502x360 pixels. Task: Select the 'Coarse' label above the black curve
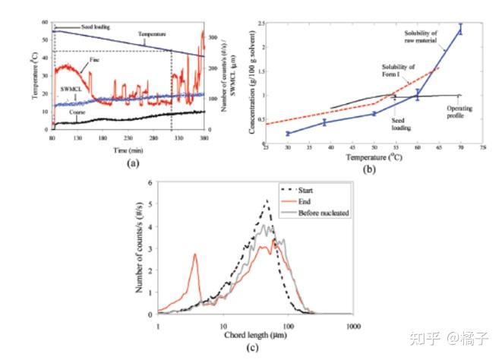tap(76, 112)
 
